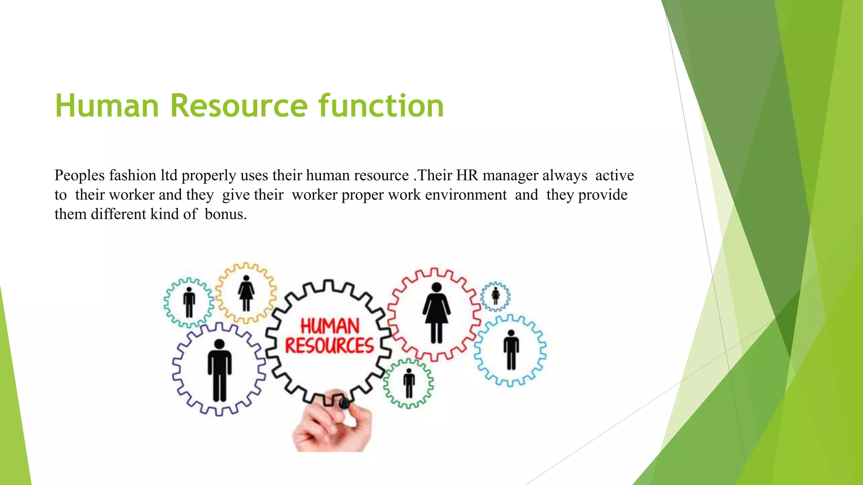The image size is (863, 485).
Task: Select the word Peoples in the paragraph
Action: pyautogui.click(x=80, y=176)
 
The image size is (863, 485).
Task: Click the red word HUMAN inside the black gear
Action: pyautogui.click(x=330, y=326)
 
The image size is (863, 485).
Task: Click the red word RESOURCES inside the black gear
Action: pyautogui.click(x=329, y=346)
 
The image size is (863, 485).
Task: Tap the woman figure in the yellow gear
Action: pyautogui.click(x=246, y=293)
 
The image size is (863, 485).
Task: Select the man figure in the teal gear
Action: pyautogui.click(x=189, y=302)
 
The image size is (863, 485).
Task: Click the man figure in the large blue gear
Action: pyautogui.click(x=511, y=350)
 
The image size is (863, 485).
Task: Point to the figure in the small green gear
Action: pyautogui.click(x=409, y=383)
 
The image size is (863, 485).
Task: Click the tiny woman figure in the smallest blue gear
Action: pyautogui.click(x=496, y=296)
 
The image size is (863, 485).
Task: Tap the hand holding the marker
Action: pyautogui.click(x=333, y=427)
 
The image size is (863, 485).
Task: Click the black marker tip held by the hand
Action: pyautogui.click(x=344, y=404)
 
